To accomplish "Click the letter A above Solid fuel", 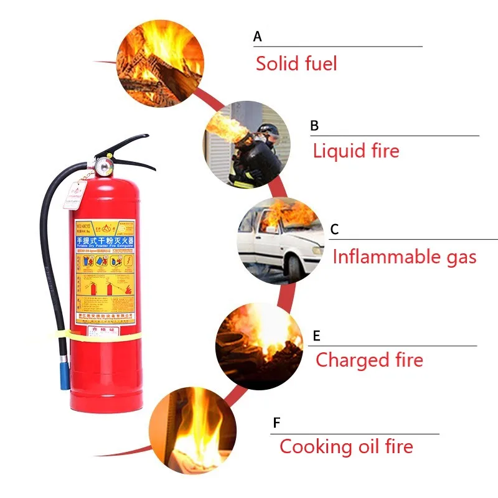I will tap(258, 37).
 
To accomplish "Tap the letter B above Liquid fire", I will tap(314, 126).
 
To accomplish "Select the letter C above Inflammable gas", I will tap(334, 229).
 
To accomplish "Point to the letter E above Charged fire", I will tap(316, 336).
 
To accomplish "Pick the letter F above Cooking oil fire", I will tap(276, 424).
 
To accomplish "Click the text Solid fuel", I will tap(296, 63).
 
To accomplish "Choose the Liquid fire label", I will tap(356, 151).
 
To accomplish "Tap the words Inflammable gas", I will tap(405, 256).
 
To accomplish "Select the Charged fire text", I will tap(369, 360).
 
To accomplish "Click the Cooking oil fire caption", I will tap(346, 446).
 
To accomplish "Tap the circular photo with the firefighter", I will tap(247, 144).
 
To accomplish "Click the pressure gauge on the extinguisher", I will tap(99, 166).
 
